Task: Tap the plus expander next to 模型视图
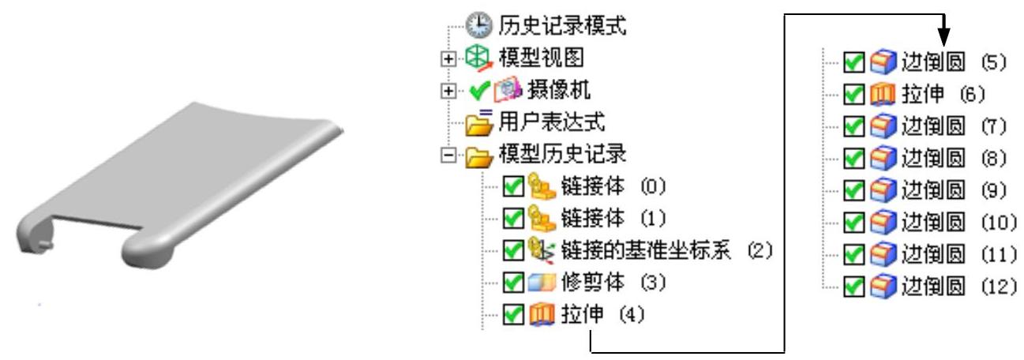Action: tap(449, 58)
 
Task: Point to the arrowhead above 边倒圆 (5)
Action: tap(943, 36)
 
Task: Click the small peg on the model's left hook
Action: tap(44, 245)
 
